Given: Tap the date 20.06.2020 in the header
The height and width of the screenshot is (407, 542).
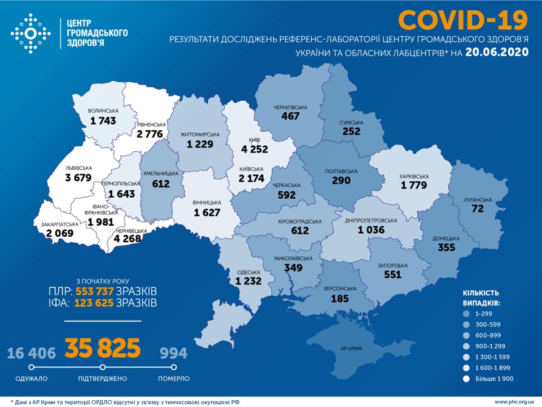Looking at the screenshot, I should [497, 52].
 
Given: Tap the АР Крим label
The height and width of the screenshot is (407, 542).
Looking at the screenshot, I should [347, 348].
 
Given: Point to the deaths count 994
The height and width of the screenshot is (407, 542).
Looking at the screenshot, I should [173, 353].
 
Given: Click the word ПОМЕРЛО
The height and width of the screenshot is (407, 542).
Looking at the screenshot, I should [174, 378].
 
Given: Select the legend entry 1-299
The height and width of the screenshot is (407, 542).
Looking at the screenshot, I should [486, 313].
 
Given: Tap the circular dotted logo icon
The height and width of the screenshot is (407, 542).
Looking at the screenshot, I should [30, 34].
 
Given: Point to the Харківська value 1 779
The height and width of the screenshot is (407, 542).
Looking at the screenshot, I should [415, 185].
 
